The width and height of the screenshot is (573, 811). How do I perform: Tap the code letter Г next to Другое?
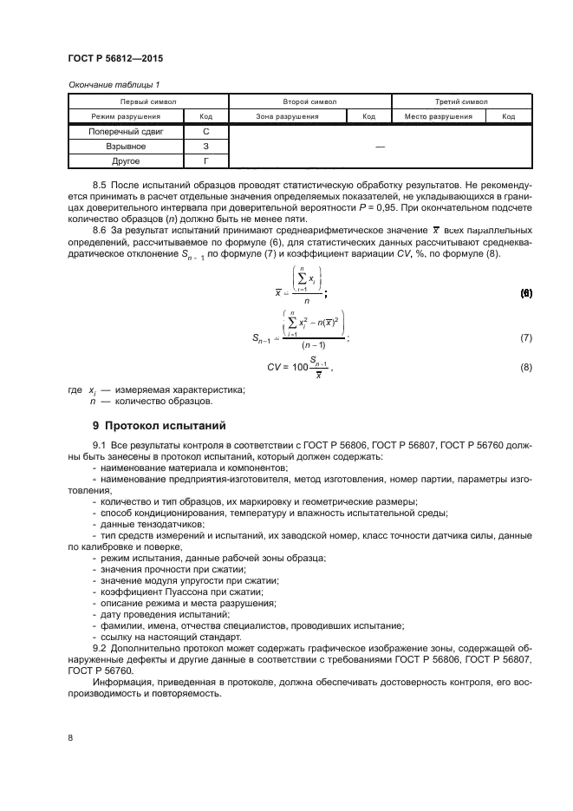coord(206,161)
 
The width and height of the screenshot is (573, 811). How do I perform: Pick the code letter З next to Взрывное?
coord(206,147)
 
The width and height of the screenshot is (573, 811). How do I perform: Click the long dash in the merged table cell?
coord(379,147)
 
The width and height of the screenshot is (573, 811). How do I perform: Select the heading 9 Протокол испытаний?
coord(159,426)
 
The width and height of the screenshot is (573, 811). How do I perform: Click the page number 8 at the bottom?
coord(69,737)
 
